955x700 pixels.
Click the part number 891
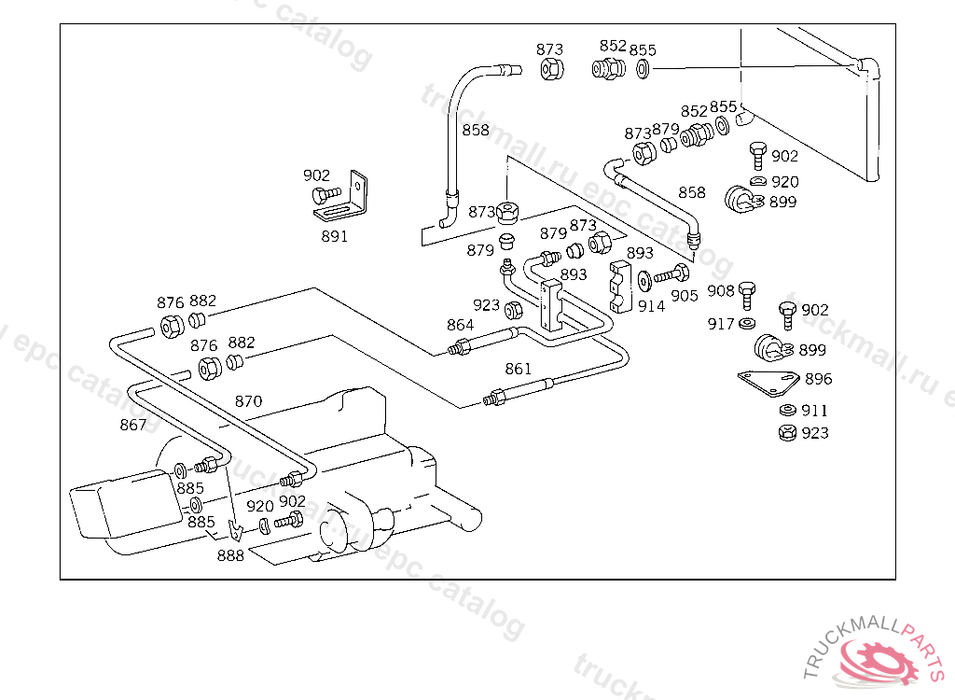[334, 236]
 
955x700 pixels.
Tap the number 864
[460, 325]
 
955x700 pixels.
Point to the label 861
[519, 369]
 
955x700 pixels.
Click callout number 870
[248, 401]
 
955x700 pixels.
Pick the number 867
[133, 425]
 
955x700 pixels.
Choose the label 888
[230, 555]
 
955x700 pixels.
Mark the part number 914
[651, 305]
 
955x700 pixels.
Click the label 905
[684, 295]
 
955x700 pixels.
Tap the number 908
[721, 291]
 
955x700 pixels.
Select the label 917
[721, 324]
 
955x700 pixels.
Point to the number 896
[818, 379]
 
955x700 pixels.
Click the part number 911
[814, 410]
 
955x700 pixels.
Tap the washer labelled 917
[746, 324]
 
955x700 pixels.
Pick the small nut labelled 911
[786, 411]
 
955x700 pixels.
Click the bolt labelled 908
[745, 295]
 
